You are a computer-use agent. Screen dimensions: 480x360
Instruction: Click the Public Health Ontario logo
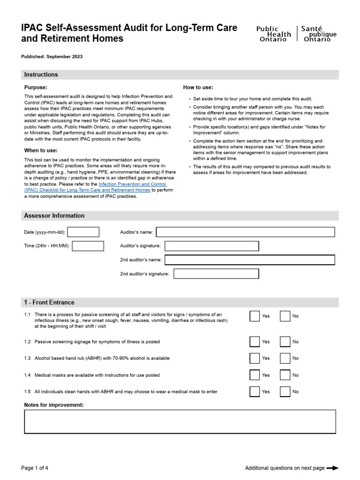tap(296, 34)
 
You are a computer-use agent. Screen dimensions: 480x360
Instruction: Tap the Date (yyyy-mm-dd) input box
tap(83, 232)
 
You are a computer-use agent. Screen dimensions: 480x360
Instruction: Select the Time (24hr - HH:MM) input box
tap(88, 246)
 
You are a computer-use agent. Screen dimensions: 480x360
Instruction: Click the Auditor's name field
tap(245, 232)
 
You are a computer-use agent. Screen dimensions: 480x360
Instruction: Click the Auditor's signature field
tap(211, 246)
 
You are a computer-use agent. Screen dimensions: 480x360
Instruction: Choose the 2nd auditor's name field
tap(249, 260)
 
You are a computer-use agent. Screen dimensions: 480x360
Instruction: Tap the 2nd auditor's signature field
tap(216, 274)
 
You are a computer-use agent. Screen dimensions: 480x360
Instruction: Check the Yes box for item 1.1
tap(255, 316)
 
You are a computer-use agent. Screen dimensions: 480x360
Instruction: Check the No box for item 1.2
tap(285, 342)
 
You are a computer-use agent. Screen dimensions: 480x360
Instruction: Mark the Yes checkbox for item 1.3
tap(255, 358)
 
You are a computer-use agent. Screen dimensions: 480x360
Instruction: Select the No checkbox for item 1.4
tap(285, 375)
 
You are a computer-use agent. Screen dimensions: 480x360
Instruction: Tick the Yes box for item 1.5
tap(255, 391)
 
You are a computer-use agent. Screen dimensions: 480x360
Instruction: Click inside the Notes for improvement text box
tap(180, 421)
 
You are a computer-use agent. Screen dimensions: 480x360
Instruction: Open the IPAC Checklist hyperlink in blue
tap(133, 184)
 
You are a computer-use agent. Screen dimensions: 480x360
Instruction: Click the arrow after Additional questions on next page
tap(332, 468)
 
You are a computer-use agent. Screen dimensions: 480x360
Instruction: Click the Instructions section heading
tap(41, 75)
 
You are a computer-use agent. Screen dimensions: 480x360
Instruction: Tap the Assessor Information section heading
tap(54, 216)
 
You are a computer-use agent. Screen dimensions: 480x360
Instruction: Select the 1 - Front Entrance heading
tap(49, 302)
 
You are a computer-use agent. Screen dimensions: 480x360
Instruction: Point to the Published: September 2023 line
tap(52, 57)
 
